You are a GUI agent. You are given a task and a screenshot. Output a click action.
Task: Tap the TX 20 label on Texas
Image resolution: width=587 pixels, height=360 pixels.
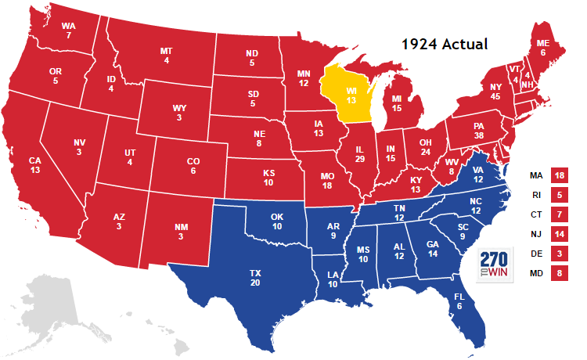255,278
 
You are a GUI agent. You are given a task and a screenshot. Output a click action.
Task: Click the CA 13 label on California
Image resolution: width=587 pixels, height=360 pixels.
35,165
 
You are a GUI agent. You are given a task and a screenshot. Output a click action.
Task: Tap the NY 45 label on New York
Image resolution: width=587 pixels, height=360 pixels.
495,91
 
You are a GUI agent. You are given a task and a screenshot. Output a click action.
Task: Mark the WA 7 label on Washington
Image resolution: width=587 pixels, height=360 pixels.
69,31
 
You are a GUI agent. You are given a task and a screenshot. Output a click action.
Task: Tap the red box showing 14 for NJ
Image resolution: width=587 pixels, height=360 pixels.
559,233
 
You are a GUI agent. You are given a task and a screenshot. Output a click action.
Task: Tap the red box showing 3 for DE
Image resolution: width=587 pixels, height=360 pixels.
559,254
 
